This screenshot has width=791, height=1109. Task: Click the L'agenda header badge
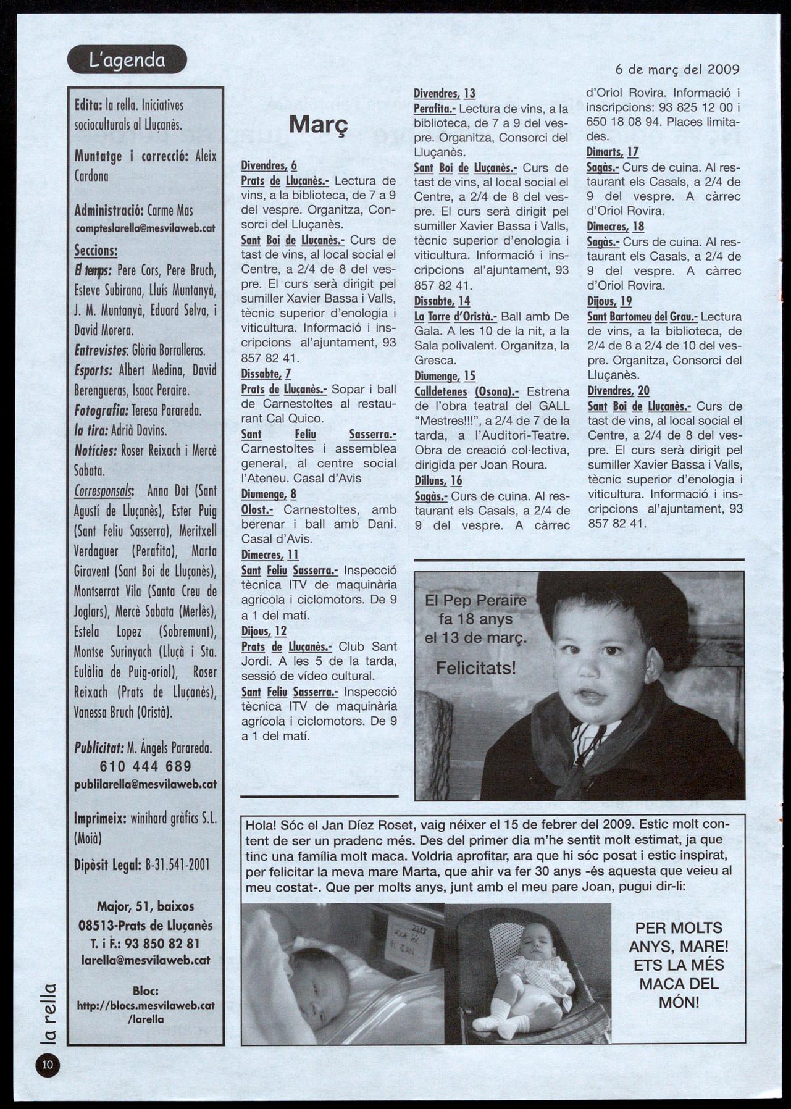click(127, 60)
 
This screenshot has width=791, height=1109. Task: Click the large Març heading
click(319, 124)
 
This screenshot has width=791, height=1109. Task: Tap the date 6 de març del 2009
click(677, 69)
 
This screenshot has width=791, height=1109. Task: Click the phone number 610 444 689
click(146, 766)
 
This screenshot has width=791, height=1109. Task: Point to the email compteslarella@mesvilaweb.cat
click(145, 228)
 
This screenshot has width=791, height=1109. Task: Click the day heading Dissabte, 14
click(442, 301)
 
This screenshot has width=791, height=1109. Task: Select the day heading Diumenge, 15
click(445, 376)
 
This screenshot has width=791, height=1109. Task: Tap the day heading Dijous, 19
click(609, 301)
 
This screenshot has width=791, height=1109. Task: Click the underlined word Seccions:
click(96, 251)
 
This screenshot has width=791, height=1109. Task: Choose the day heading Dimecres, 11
click(270, 555)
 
